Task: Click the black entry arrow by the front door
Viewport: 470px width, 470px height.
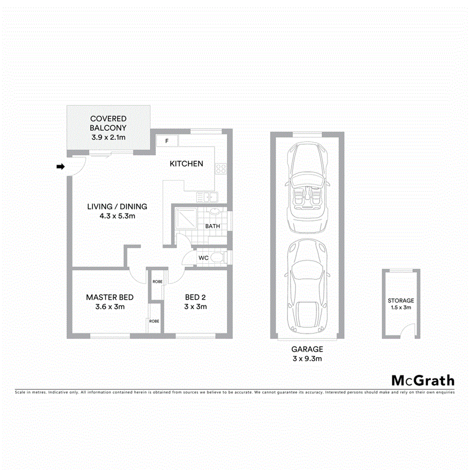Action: (x=61, y=167)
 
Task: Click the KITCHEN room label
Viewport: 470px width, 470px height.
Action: (x=186, y=163)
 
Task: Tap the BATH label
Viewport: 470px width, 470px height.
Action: (x=212, y=226)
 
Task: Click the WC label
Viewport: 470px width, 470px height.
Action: (x=204, y=258)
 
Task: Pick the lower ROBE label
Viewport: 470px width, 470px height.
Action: (x=154, y=321)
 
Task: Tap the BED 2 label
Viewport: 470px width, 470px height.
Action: (x=196, y=297)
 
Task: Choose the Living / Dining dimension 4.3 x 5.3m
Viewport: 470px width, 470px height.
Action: (x=117, y=216)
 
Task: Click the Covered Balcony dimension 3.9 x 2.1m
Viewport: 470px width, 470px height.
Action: (x=108, y=137)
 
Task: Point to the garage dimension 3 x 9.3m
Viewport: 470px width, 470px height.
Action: (x=307, y=359)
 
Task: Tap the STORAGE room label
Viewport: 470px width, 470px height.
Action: (x=401, y=300)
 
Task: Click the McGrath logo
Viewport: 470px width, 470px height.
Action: (x=423, y=380)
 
